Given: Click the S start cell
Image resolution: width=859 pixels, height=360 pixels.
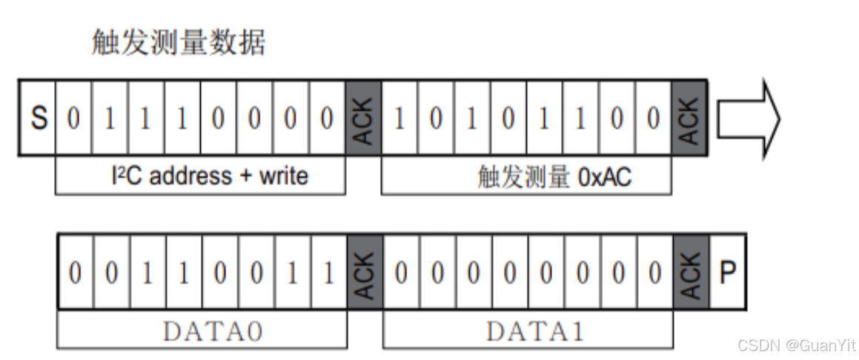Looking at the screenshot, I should click(x=38, y=118).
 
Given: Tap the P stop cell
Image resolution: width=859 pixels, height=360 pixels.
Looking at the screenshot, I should click(x=728, y=271).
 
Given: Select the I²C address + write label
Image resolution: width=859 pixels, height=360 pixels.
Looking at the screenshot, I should click(x=200, y=176).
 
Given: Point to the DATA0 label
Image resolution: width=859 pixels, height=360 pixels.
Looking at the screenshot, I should click(x=202, y=331).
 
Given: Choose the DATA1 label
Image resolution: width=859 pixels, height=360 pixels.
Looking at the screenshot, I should click(x=528, y=331).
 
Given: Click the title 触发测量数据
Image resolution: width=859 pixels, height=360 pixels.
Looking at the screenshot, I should click(x=178, y=43).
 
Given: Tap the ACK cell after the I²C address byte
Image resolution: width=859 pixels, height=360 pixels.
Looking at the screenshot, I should click(x=363, y=118).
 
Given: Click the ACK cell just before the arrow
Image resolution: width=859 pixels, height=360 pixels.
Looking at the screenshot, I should click(x=689, y=118).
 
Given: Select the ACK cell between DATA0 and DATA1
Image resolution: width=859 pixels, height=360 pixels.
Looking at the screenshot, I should click(x=365, y=271).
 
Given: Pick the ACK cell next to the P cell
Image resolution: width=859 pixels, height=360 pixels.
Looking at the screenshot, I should click(x=691, y=271).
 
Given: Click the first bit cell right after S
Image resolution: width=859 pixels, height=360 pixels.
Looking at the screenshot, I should click(x=73, y=118).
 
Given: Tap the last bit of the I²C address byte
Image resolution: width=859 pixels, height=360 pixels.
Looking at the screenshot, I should click(x=327, y=118).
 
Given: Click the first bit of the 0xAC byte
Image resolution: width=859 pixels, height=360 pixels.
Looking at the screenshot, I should click(x=399, y=118).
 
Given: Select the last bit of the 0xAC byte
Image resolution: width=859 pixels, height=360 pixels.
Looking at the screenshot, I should click(x=653, y=118).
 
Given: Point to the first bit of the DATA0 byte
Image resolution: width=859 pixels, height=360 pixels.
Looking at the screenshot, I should click(x=75, y=271).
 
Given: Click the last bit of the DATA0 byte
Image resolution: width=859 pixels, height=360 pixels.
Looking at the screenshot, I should click(x=328, y=271).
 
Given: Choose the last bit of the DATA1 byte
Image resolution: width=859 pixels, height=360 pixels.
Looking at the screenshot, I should click(x=654, y=271).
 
